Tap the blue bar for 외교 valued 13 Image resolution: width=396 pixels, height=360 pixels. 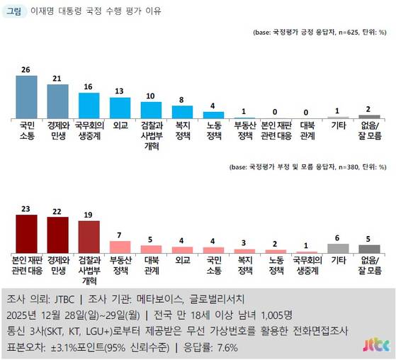coord(120,107)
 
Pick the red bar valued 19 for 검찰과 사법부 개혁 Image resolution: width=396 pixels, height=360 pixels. coord(89,237)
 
